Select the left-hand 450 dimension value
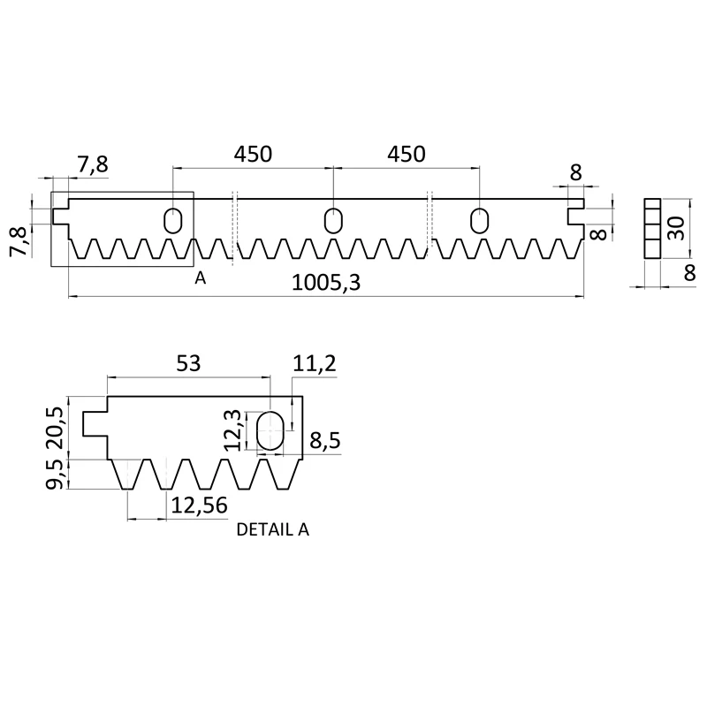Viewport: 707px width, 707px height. pos(253,154)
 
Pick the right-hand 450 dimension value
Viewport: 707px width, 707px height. pos(407,154)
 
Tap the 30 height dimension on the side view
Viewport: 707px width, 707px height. pos(676,228)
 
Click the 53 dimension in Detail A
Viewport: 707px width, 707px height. pos(188,363)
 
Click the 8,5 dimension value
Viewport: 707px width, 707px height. pos(323,440)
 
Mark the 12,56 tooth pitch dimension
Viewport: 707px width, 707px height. pos(197,505)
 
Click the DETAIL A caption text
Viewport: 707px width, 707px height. pos(272,531)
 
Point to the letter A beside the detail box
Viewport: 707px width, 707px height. pos(201,278)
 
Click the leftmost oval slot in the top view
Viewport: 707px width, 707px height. pos(174,220)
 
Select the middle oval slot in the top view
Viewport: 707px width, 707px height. pos(333,220)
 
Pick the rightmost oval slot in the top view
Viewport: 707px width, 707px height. pos(480,220)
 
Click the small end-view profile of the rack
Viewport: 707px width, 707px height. pos(652,228)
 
